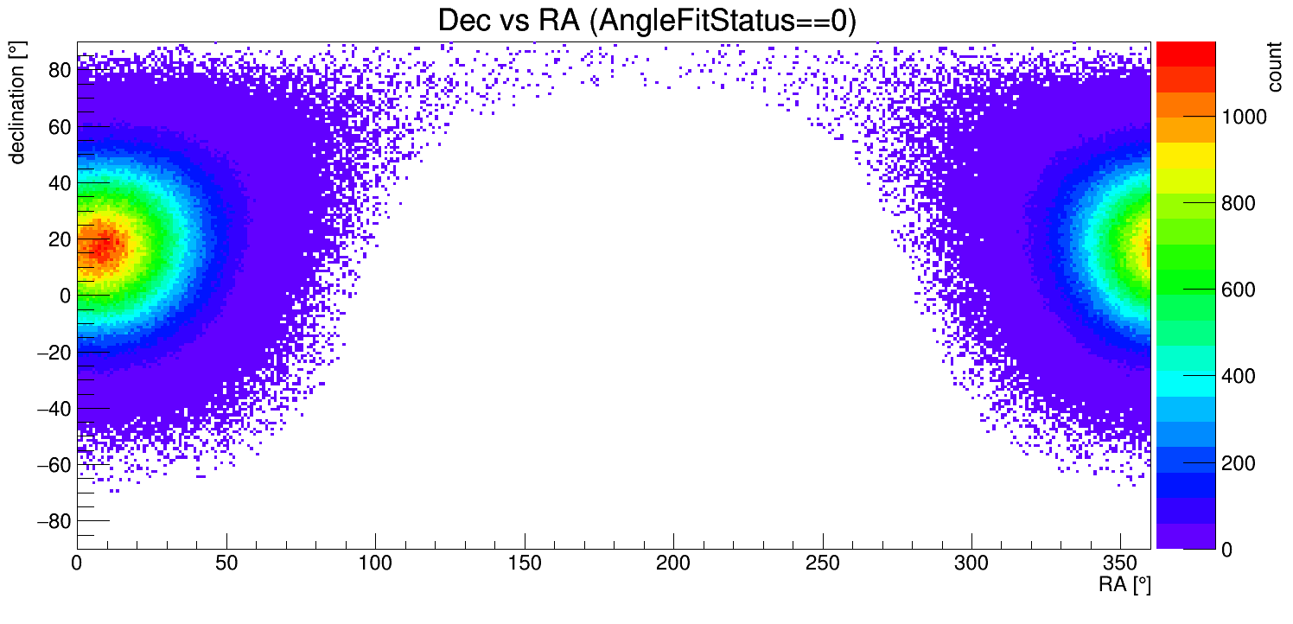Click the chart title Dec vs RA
point(646,21)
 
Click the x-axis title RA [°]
point(1124,584)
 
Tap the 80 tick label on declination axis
point(58,70)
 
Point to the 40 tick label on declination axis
point(58,183)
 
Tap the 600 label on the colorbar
point(1237,290)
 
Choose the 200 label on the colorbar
point(1237,464)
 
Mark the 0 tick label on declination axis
point(64,296)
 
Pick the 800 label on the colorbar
point(1237,204)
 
